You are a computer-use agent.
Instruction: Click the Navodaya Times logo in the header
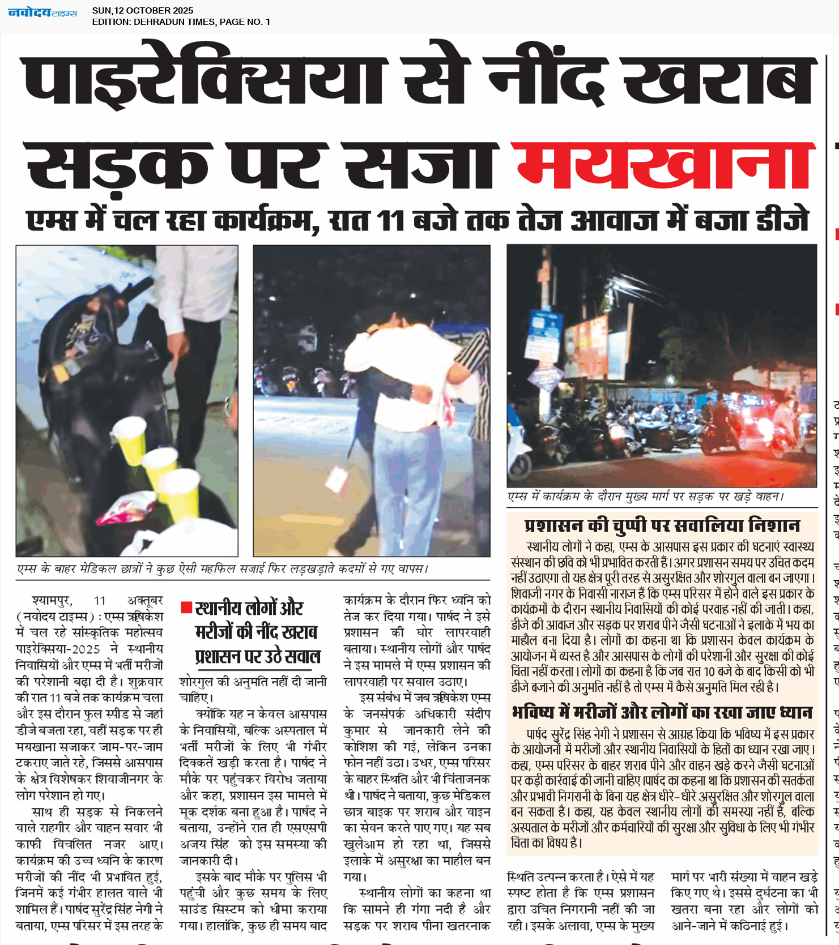tap(42, 12)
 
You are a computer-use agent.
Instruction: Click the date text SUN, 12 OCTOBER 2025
tap(142, 10)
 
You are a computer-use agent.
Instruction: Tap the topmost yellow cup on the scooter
tap(130, 433)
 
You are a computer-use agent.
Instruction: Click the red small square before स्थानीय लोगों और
tap(186, 608)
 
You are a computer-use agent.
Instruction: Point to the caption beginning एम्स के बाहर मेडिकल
tap(222, 568)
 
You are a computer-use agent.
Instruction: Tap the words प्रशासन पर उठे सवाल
tap(258, 656)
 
